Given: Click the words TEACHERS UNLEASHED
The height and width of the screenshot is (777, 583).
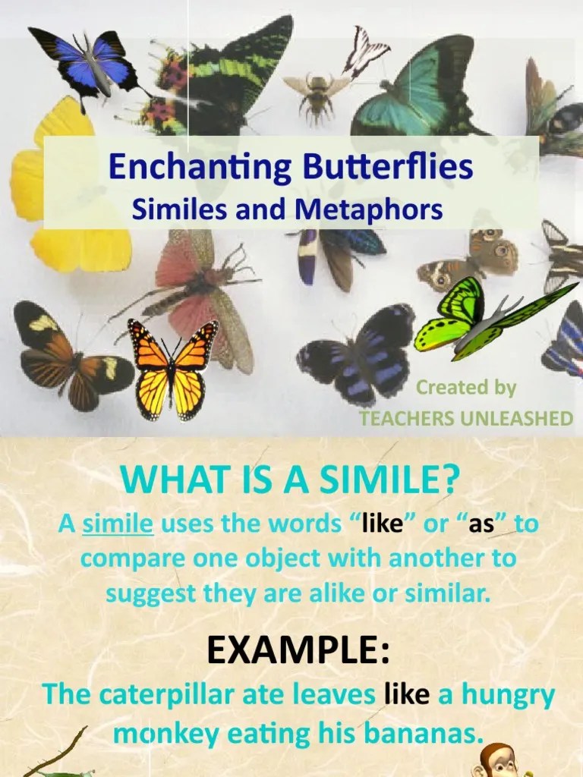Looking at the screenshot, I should (466, 419).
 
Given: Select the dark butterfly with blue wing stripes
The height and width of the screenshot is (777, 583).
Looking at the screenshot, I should (357, 353).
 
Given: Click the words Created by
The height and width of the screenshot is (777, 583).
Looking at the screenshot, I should (465, 388).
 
